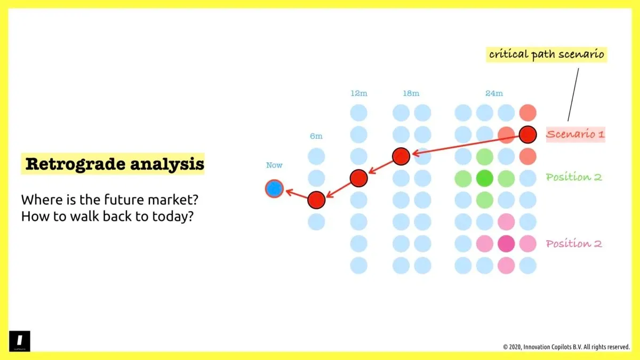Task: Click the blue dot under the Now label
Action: click(274, 188)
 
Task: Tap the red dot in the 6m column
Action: click(316, 199)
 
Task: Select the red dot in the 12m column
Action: click(359, 178)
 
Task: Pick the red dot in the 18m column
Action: click(401, 156)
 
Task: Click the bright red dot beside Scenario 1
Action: click(527, 134)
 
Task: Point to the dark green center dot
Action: click(484, 178)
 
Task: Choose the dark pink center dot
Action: click(506, 244)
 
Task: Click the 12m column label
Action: click(359, 93)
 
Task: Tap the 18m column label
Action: click(411, 93)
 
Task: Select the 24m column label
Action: click(494, 93)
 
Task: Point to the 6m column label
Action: click(316, 136)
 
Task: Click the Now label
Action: click(274, 165)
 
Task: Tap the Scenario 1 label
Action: click(575, 134)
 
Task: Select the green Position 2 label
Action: click(574, 177)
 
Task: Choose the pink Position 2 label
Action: click(574, 244)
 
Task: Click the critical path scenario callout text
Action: click(547, 54)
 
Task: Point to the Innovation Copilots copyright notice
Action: click(566, 347)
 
